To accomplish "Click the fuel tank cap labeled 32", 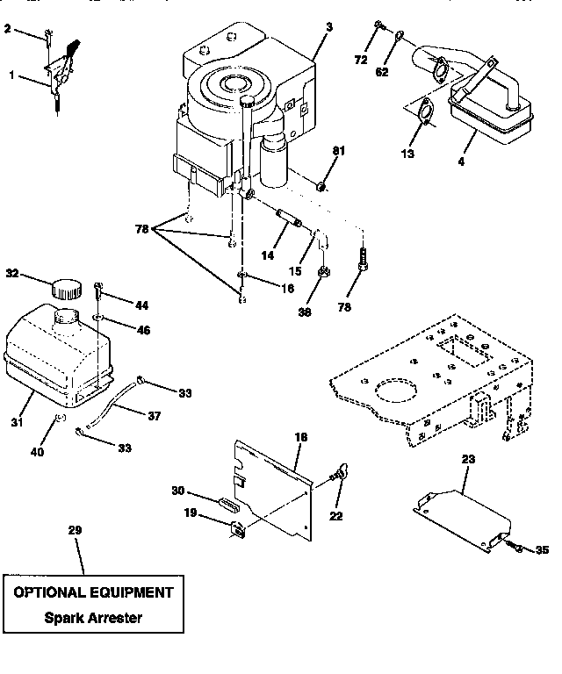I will pos(65,288).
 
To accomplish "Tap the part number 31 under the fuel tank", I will pos(16,423).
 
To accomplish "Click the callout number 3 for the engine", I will pos(328,27).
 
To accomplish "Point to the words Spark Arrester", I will pos(92,617).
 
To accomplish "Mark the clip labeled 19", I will pos(238,527).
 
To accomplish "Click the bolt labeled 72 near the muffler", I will pos(377,25).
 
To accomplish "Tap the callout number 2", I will pos(8,29).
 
